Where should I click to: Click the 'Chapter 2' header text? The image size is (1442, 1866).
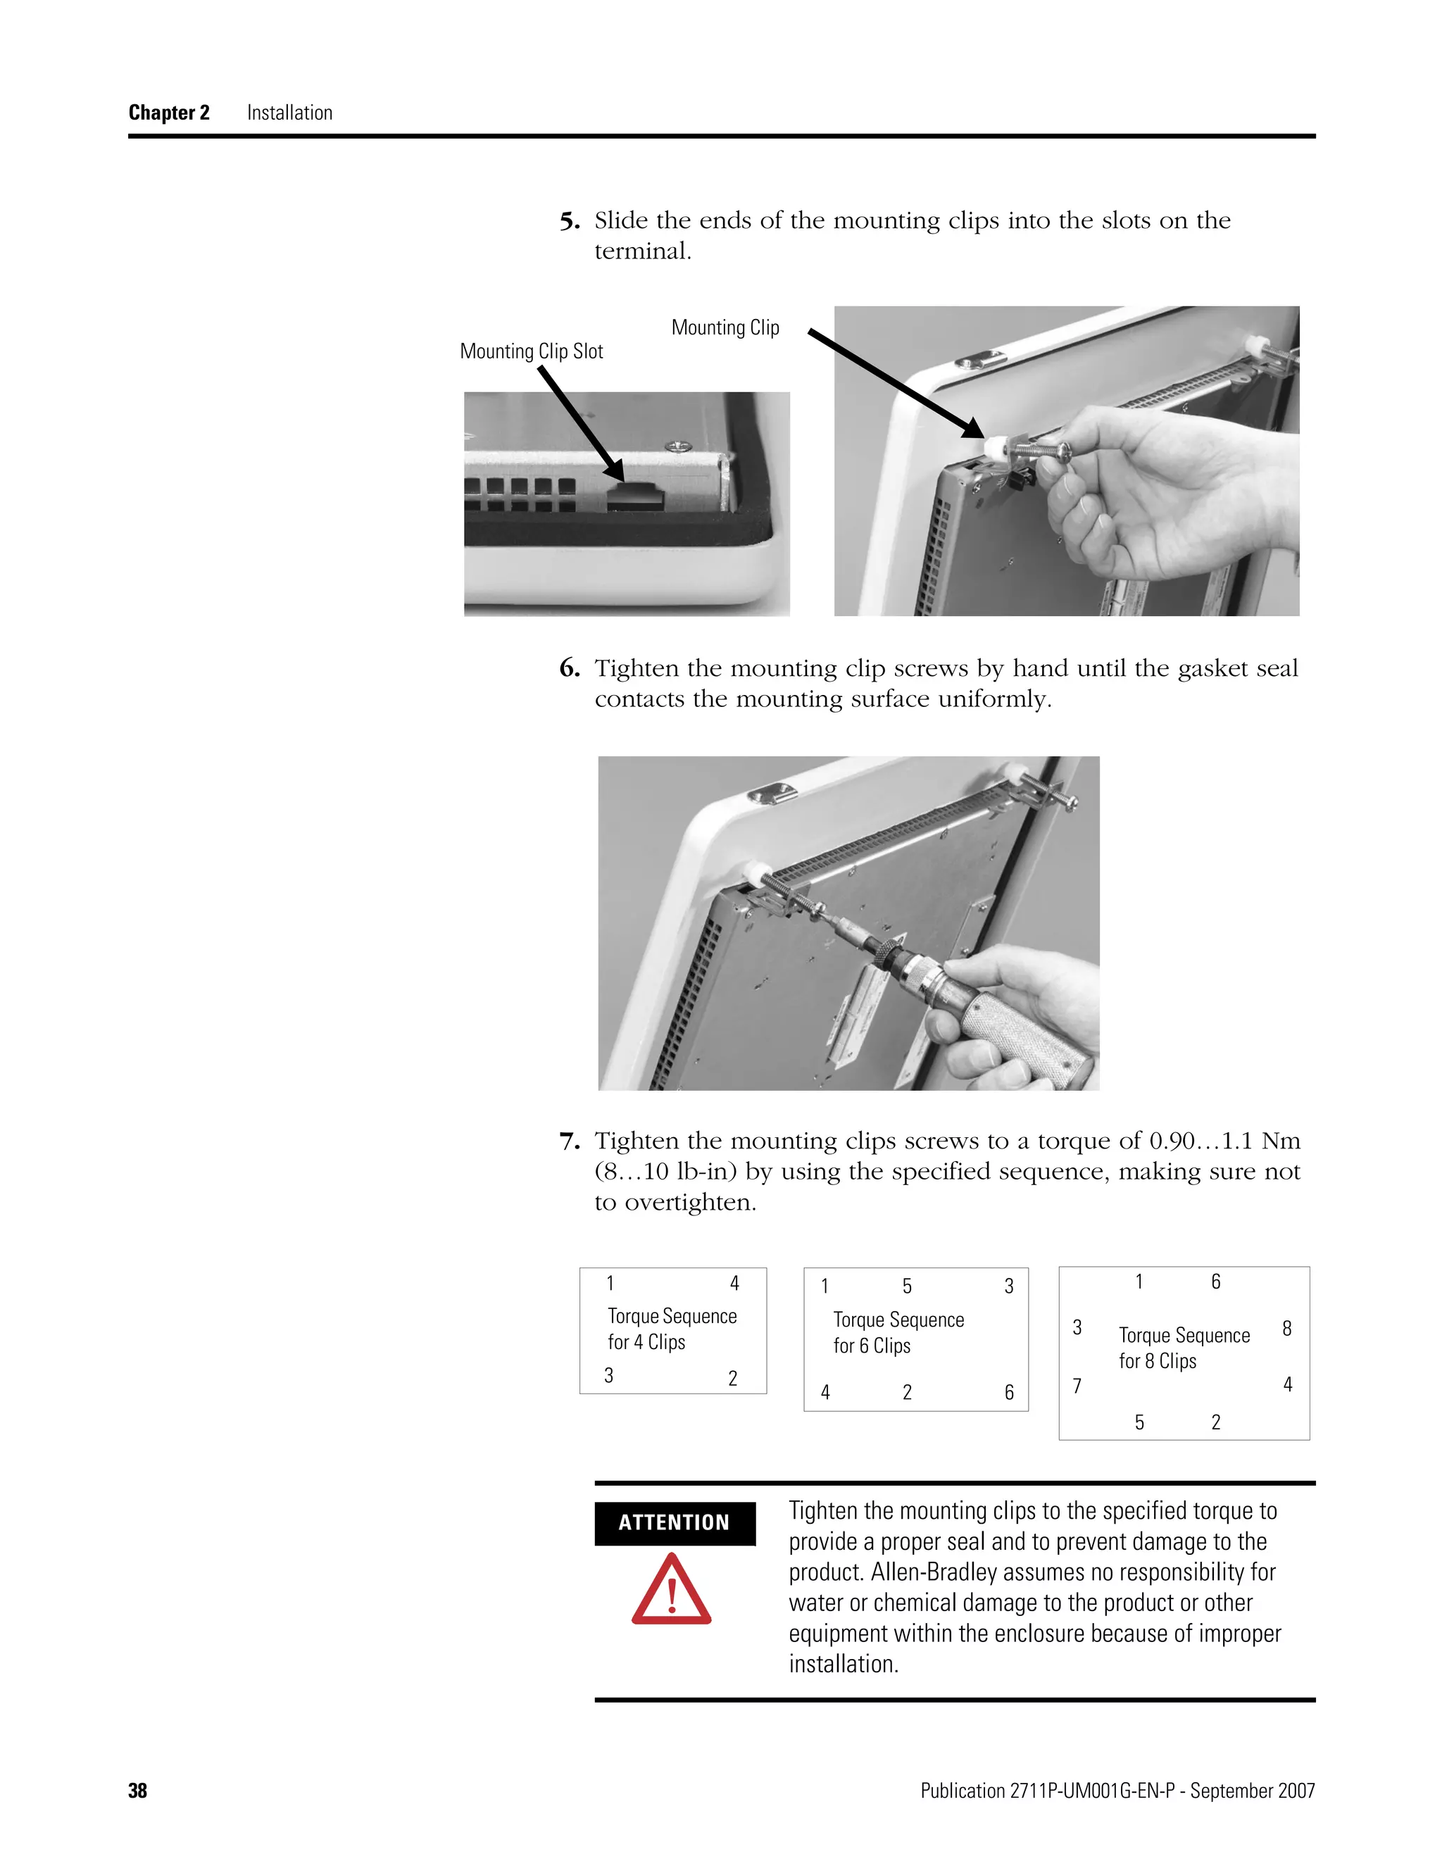tap(168, 113)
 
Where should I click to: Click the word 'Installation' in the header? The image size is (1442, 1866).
tap(289, 113)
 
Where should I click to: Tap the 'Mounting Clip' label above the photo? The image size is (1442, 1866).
tap(725, 327)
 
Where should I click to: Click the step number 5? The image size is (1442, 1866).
tap(569, 221)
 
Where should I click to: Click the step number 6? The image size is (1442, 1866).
tap(569, 669)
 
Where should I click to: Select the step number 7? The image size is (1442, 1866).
tap(569, 1141)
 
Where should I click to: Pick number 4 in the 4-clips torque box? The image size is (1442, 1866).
tap(734, 1283)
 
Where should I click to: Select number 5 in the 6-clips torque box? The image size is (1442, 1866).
tap(906, 1286)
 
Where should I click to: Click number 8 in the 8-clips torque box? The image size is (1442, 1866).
tap(1286, 1329)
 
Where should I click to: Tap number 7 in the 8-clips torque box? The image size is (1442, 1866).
tap(1077, 1386)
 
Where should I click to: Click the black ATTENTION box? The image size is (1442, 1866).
tap(674, 1522)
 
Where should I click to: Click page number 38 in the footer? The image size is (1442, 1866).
tap(137, 1791)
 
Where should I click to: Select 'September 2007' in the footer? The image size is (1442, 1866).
tap(1253, 1791)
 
